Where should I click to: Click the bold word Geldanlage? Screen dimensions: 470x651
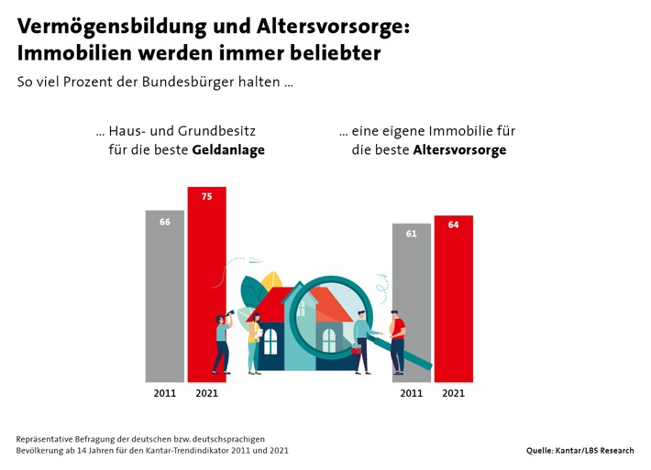point(228,150)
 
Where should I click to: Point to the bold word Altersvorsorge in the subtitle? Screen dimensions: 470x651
point(459,150)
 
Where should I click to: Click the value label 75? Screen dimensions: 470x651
point(207,196)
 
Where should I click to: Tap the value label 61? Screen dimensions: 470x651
point(412,234)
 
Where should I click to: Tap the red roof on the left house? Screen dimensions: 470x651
point(267,304)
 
